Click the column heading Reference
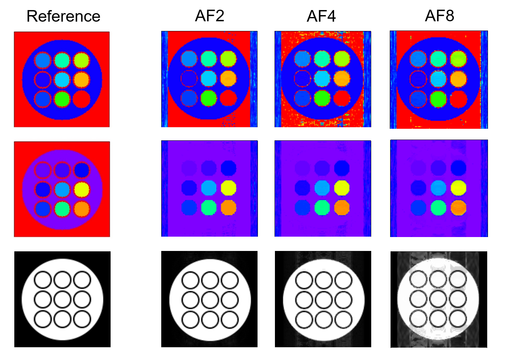[x=63, y=16]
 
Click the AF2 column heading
[x=210, y=15]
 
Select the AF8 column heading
[x=439, y=15]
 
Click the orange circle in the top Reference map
[x=82, y=80]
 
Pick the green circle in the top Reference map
[x=62, y=99]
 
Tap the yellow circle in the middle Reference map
[x=82, y=189]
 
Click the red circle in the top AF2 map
[x=229, y=98]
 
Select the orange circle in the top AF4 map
[x=342, y=78]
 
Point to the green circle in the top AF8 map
[x=438, y=99]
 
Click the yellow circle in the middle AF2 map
[x=229, y=188]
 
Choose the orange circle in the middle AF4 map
[x=342, y=208]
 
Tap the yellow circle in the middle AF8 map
[x=459, y=188]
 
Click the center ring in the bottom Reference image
[x=62, y=300]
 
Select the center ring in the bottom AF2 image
[x=210, y=300]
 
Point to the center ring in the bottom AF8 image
[x=438, y=299]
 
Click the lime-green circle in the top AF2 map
[x=209, y=98]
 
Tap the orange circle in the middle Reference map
[x=82, y=209]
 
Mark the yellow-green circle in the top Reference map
[x=82, y=60]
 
